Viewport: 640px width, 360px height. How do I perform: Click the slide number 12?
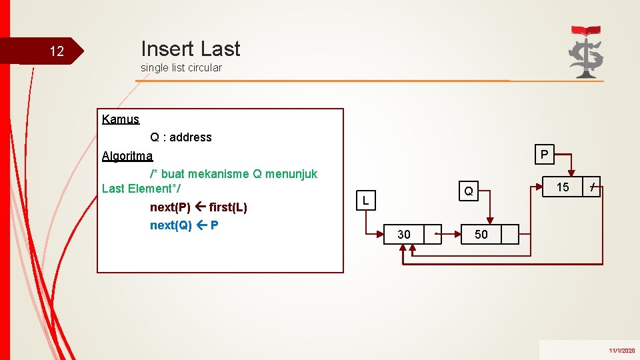pos(57,51)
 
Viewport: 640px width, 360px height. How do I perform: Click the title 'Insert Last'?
pos(190,49)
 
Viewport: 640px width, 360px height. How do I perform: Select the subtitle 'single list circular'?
pos(181,67)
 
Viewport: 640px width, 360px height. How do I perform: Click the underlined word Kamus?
pos(121,119)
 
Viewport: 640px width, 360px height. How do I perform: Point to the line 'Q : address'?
pos(181,137)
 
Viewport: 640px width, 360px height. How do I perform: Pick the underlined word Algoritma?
pos(127,156)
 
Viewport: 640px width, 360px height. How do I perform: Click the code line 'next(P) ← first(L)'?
pos(199,207)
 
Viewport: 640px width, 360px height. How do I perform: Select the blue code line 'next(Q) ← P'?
pos(184,225)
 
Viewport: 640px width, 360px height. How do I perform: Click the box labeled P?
pos(545,155)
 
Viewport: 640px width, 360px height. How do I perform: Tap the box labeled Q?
pos(469,191)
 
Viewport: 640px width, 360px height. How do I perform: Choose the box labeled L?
pos(366,199)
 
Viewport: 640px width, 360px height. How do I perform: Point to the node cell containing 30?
pos(403,235)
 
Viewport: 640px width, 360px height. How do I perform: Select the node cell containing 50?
pos(481,235)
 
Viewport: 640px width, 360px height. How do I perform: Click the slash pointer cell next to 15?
pos(592,187)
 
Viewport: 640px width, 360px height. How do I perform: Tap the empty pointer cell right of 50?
pos(510,235)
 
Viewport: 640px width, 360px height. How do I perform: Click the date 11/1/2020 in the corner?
pos(621,350)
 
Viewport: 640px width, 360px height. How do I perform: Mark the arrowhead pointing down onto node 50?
pos(490,221)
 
